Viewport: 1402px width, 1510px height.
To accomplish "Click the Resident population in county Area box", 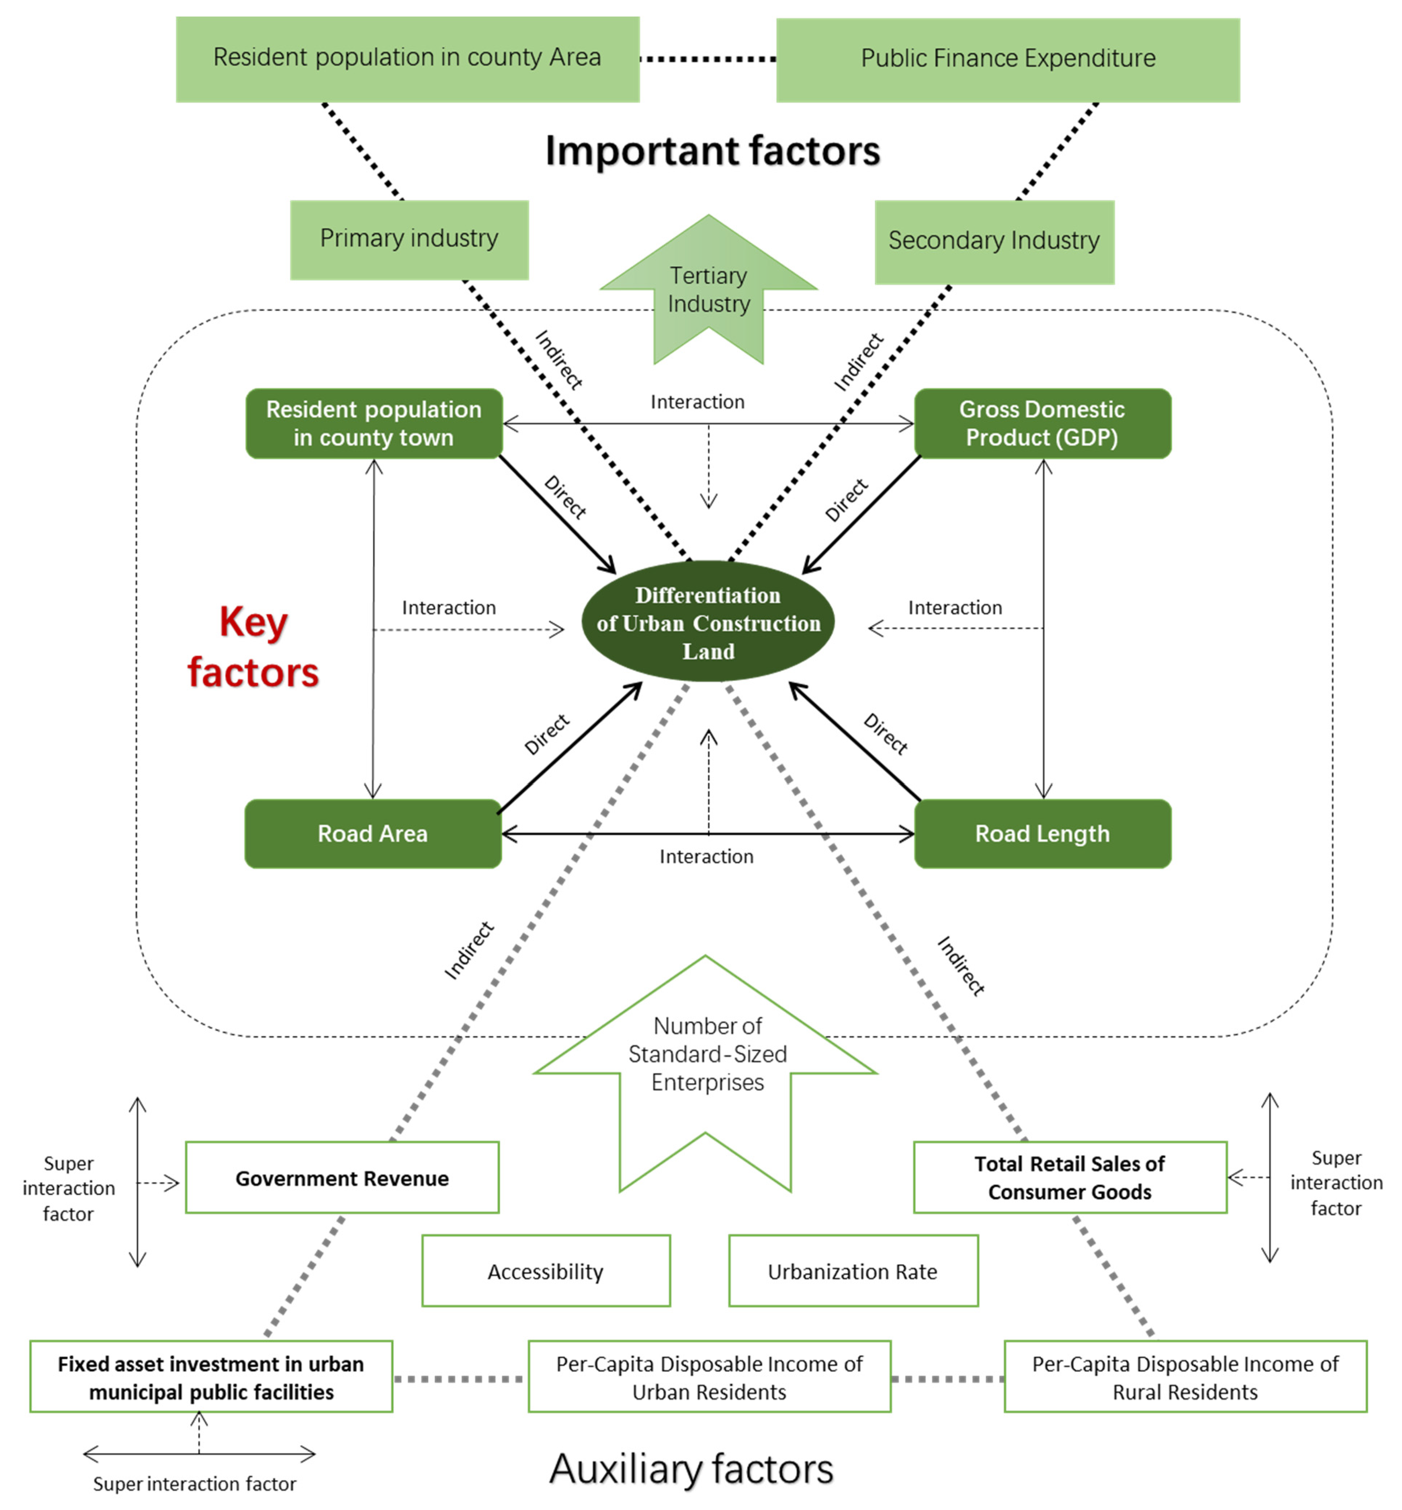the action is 407,59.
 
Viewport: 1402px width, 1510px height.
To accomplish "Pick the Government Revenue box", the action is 342,1178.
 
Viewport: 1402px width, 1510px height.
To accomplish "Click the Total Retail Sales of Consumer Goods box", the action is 1070,1178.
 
